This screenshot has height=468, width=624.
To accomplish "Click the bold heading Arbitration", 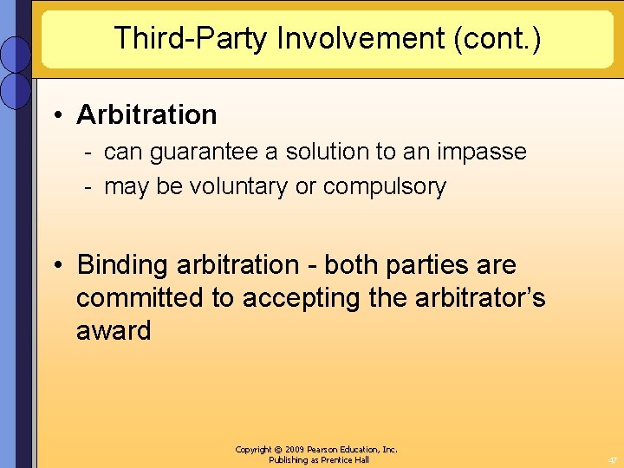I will [146, 114].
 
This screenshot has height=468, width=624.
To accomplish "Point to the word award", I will [113, 330].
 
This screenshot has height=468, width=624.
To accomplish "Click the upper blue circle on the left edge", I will [16, 54].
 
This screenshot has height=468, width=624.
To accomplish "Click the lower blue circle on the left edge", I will [16, 89].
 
